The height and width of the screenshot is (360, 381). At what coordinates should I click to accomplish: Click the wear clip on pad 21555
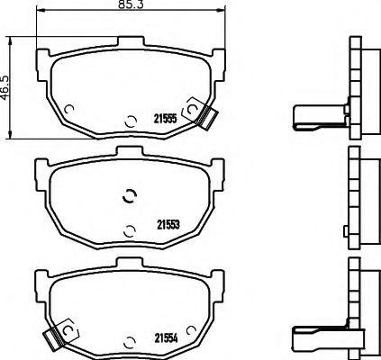[209, 113]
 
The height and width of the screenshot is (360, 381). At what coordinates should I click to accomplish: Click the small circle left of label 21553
[129, 229]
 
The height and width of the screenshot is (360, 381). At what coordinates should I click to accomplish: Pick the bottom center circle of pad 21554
[129, 339]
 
